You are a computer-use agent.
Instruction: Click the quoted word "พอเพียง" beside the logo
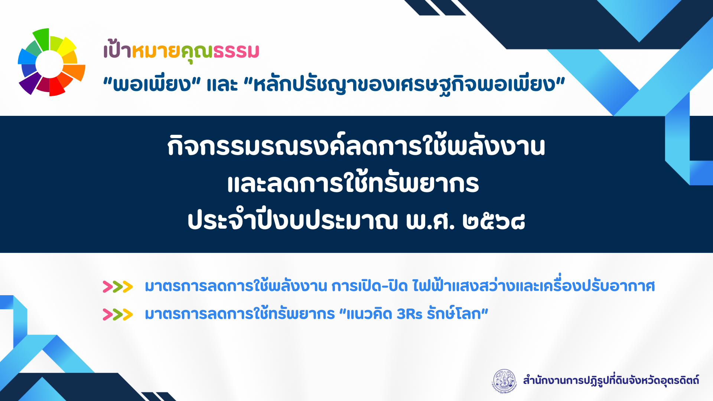point(152,84)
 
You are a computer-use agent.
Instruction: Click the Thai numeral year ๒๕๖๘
point(494,221)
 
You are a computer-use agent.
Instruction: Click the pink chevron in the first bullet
point(108,287)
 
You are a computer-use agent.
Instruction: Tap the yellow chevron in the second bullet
point(127,314)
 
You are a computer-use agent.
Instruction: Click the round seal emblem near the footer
point(505,381)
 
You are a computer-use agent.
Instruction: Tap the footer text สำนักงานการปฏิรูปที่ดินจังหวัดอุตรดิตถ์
point(611,381)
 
